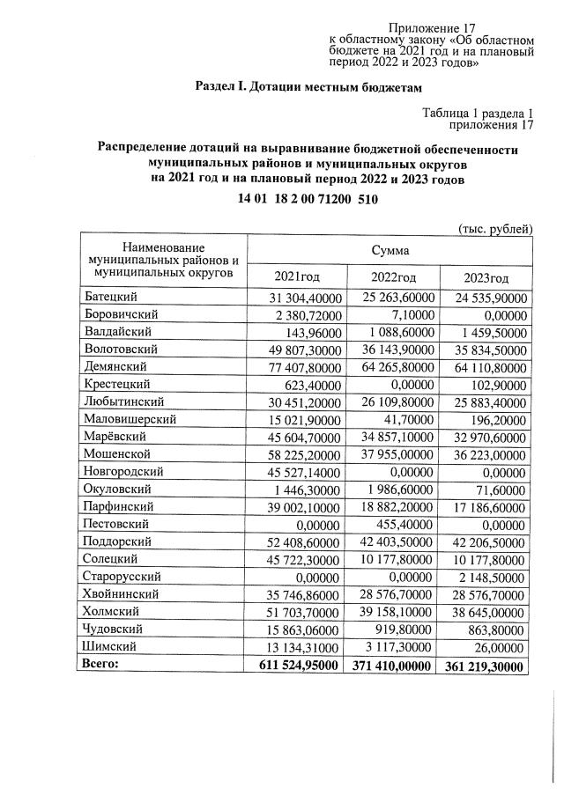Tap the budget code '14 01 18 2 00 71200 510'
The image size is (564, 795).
click(x=308, y=199)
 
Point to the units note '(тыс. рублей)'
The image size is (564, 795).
click(x=495, y=229)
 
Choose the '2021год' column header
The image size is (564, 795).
click(x=296, y=277)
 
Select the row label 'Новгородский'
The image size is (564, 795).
click(x=122, y=471)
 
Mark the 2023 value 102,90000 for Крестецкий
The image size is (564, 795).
click(x=500, y=384)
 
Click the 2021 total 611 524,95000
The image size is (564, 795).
click(x=293, y=666)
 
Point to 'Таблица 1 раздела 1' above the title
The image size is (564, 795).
click(x=479, y=113)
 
